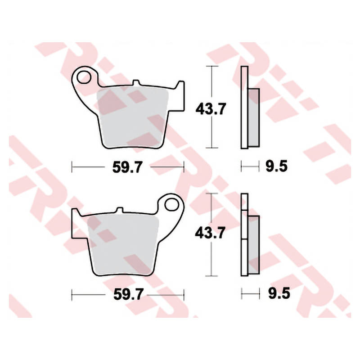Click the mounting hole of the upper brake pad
pyautogui.click(x=84, y=77)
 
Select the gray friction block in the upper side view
pyautogui.click(x=254, y=117)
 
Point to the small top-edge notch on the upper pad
pyautogui.click(x=137, y=83)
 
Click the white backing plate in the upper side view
pyautogui.click(x=244, y=108)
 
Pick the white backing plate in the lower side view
pyautogui.click(x=244, y=234)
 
